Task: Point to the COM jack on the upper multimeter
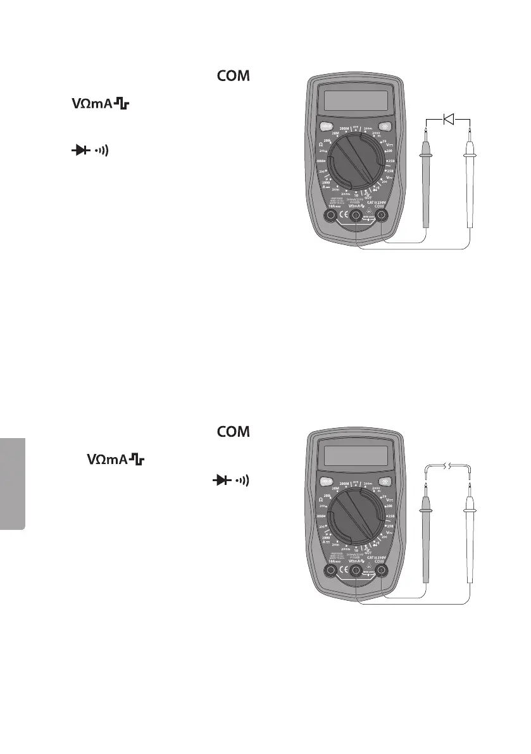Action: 382,217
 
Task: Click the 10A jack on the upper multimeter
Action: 330,217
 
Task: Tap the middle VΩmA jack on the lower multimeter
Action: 356,571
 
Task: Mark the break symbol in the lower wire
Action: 449,467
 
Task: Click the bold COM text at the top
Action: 234,77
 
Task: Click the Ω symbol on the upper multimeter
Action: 321,144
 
